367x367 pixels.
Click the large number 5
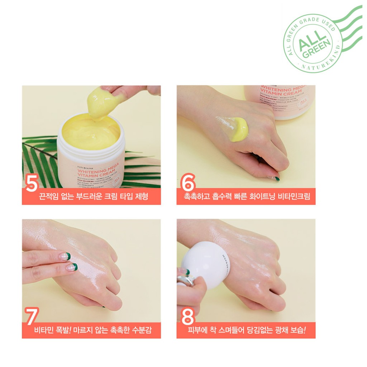coord(32,183)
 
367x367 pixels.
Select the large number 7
coord(32,316)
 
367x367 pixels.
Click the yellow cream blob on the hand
coord(239,129)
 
